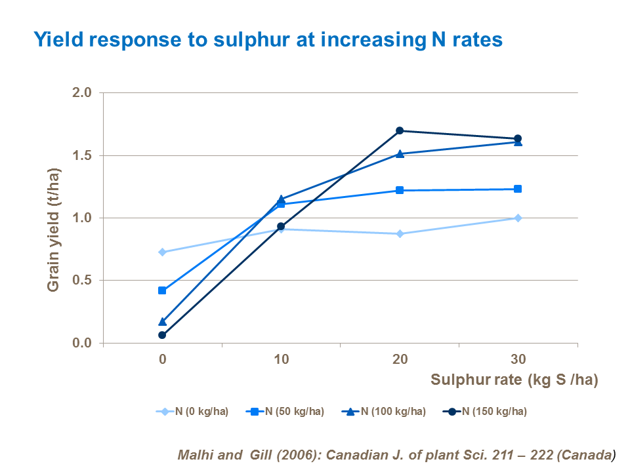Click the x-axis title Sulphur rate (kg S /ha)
pos(514,380)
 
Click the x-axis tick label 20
pos(400,359)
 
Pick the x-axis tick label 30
pos(518,359)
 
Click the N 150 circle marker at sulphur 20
pos(400,130)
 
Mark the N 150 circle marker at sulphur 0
pos(162,335)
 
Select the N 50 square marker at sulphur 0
pos(162,290)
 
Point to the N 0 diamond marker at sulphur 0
pos(162,252)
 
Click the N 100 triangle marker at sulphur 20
pos(400,153)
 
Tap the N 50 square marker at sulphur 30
pos(518,189)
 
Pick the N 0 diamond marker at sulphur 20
pos(400,233)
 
